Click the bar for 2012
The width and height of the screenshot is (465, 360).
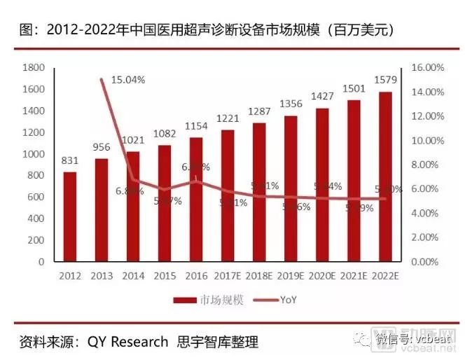pyautogui.click(x=69, y=216)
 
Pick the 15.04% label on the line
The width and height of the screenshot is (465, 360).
pyautogui.click(x=129, y=80)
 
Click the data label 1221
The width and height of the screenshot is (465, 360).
pyautogui.click(x=228, y=119)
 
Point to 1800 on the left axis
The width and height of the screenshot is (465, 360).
pyautogui.click(x=34, y=68)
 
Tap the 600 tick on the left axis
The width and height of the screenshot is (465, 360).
pyautogui.click(x=37, y=198)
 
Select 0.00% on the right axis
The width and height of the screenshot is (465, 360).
pyautogui.click(x=426, y=262)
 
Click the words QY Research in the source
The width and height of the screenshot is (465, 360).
pyautogui.click(x=127, y=342)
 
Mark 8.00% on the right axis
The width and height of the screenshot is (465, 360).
pyautogui.click(x=426, y=165)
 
